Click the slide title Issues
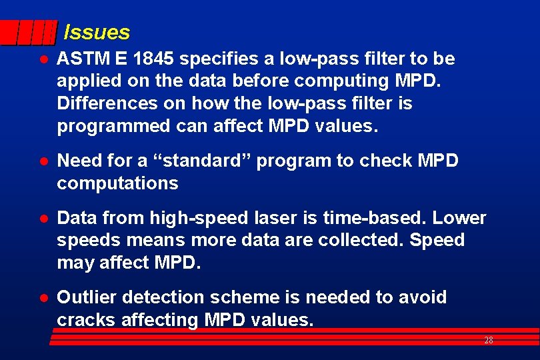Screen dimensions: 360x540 point(97,32)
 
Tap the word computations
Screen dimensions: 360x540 point(117,183)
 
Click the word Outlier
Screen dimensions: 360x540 point(83,297)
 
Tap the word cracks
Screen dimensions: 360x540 point(87,320)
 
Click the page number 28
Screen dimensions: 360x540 point(488,341)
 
